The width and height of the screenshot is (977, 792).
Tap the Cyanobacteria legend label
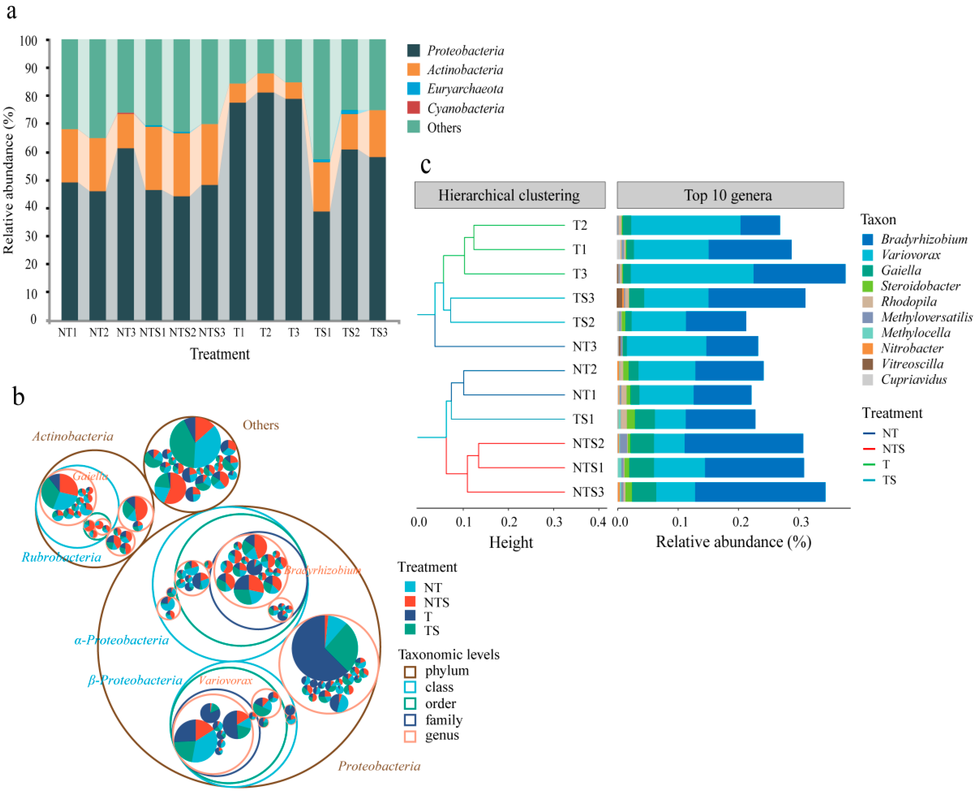pos(465,109)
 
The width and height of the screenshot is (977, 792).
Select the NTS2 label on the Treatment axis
pos(182,333)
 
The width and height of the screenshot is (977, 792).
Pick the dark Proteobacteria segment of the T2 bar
pos(266,205)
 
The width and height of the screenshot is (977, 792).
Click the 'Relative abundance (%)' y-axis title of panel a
pos(8,180)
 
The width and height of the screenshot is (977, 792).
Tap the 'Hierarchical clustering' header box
pos(509,195)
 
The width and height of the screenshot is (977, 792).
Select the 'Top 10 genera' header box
pos(730,195)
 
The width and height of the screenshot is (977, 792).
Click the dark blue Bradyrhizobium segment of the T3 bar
pos(799,274)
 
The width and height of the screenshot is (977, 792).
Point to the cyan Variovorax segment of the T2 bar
pos(685,225)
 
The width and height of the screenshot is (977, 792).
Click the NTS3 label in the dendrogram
pos(588,492)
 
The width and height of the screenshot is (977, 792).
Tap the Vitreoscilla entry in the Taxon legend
pos(912,364)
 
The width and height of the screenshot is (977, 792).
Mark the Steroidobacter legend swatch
pos(868,286)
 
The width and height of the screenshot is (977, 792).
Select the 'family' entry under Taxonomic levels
pos(443,720)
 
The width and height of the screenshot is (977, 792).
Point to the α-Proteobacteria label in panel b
pos(121,640)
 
